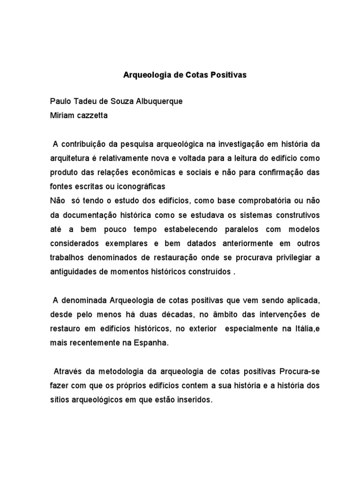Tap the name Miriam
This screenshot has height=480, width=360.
tap(62, 116)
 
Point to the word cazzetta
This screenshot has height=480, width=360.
tap(92, 116)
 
